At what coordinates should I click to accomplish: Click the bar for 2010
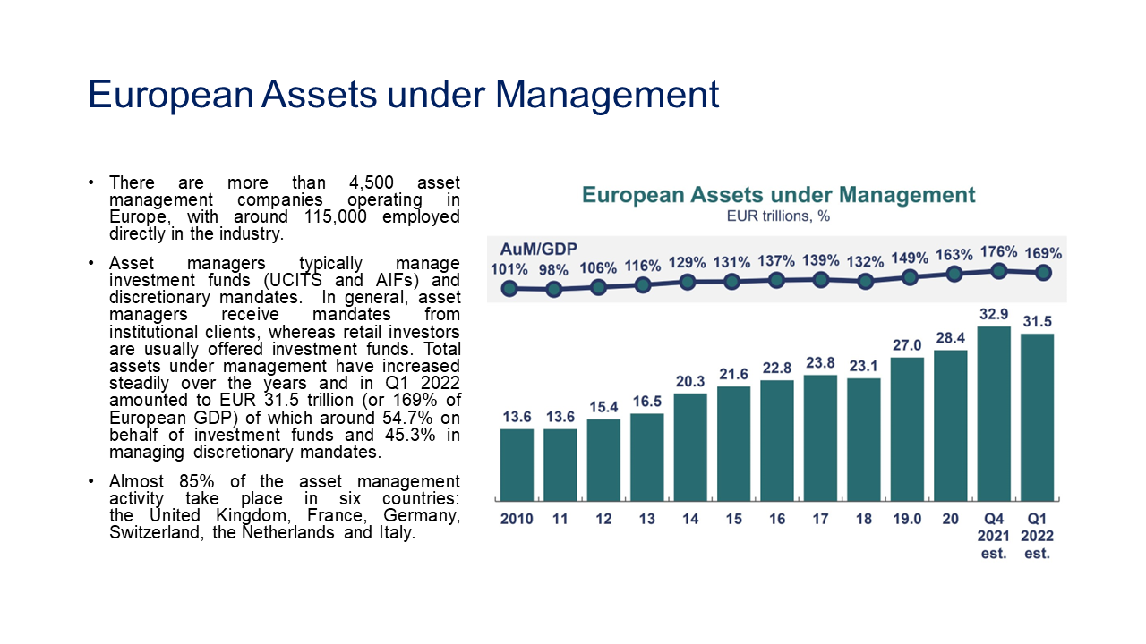(517, 464)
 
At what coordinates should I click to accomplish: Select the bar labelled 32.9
(994, 413)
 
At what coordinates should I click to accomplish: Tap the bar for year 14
(690, 446)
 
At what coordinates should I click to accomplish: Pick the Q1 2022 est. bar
(1038, 417)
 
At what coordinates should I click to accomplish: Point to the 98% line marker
(554, 289)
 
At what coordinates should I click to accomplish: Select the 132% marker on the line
(865, 281)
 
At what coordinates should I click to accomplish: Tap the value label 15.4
(603, 407)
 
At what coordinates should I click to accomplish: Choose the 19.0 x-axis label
(907, 520)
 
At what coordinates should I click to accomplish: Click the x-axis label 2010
(517, 520)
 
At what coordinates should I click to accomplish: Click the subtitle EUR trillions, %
(778, 216)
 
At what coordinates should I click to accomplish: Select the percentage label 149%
(910, 259)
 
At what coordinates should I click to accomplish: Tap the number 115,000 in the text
(331, 217)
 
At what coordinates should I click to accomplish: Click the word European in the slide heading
(168, 95)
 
